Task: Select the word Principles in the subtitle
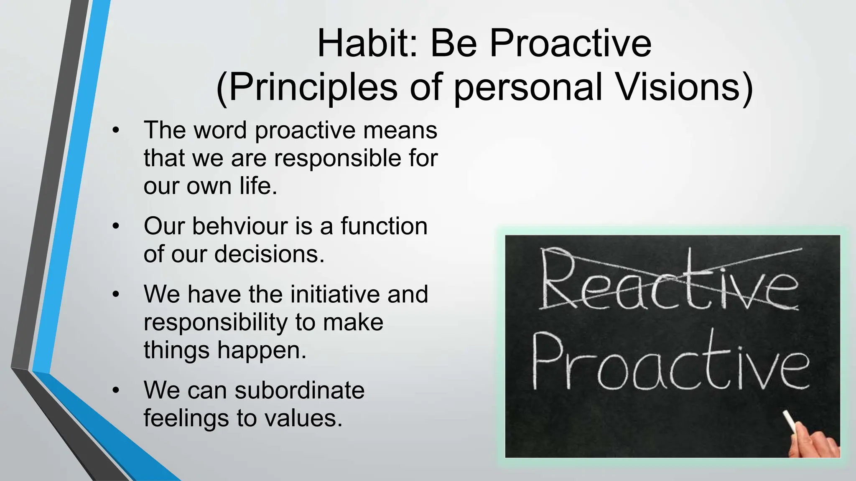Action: click(307, 87)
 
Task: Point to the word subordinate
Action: click(299, 390)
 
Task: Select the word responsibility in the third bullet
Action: click(216, 322)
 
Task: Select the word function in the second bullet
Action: click(384, 226)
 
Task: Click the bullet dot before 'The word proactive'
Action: click(116, 131)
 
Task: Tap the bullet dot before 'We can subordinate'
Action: click(116, 391)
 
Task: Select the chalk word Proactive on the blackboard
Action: click(670, 361)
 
